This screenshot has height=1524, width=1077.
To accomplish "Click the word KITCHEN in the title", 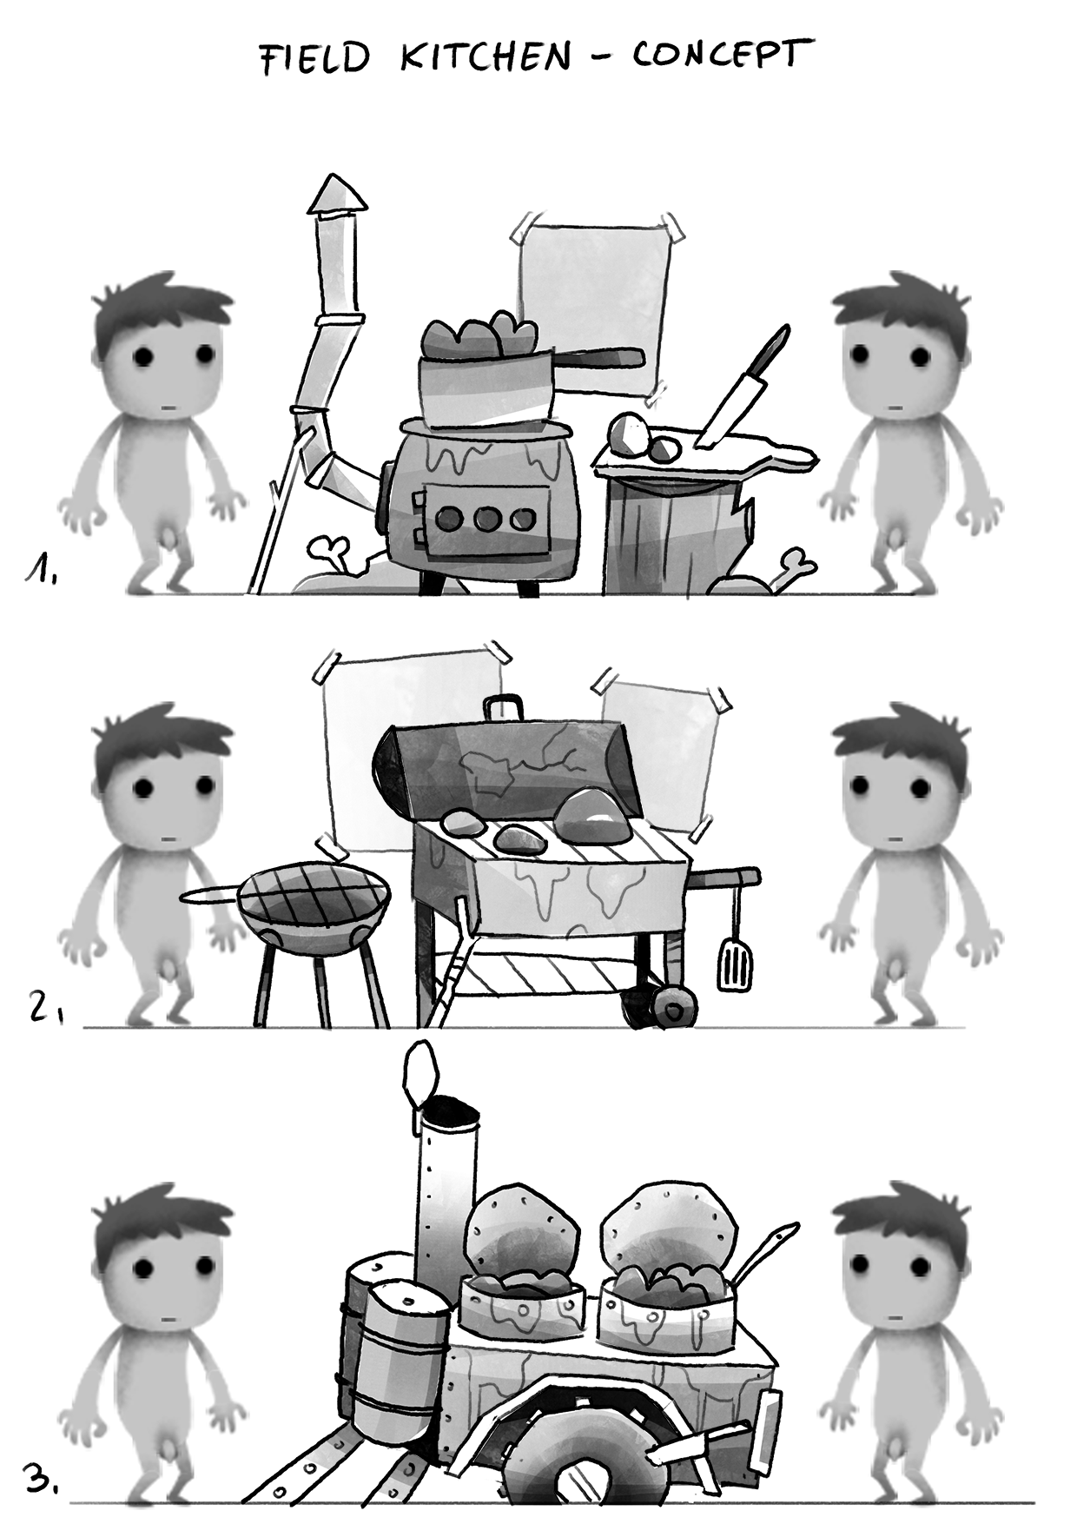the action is [x=486, y=57].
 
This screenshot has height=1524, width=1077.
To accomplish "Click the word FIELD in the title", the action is [x=315, y=59].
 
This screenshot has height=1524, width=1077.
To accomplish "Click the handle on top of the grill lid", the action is [x=505, y=707].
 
